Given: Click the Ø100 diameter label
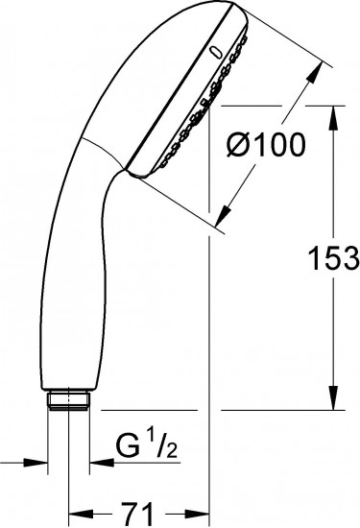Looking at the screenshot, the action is point(266,145).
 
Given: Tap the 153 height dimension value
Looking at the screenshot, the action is point(333,258).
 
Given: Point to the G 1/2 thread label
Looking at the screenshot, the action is point(146,446).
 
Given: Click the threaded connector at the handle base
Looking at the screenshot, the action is point(69,400).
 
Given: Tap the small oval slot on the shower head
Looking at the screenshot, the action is point(214,53).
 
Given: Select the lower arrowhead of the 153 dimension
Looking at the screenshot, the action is point(333,398).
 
